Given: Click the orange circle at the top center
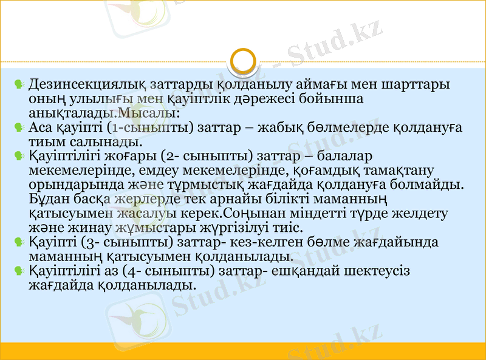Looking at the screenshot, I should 243,61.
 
